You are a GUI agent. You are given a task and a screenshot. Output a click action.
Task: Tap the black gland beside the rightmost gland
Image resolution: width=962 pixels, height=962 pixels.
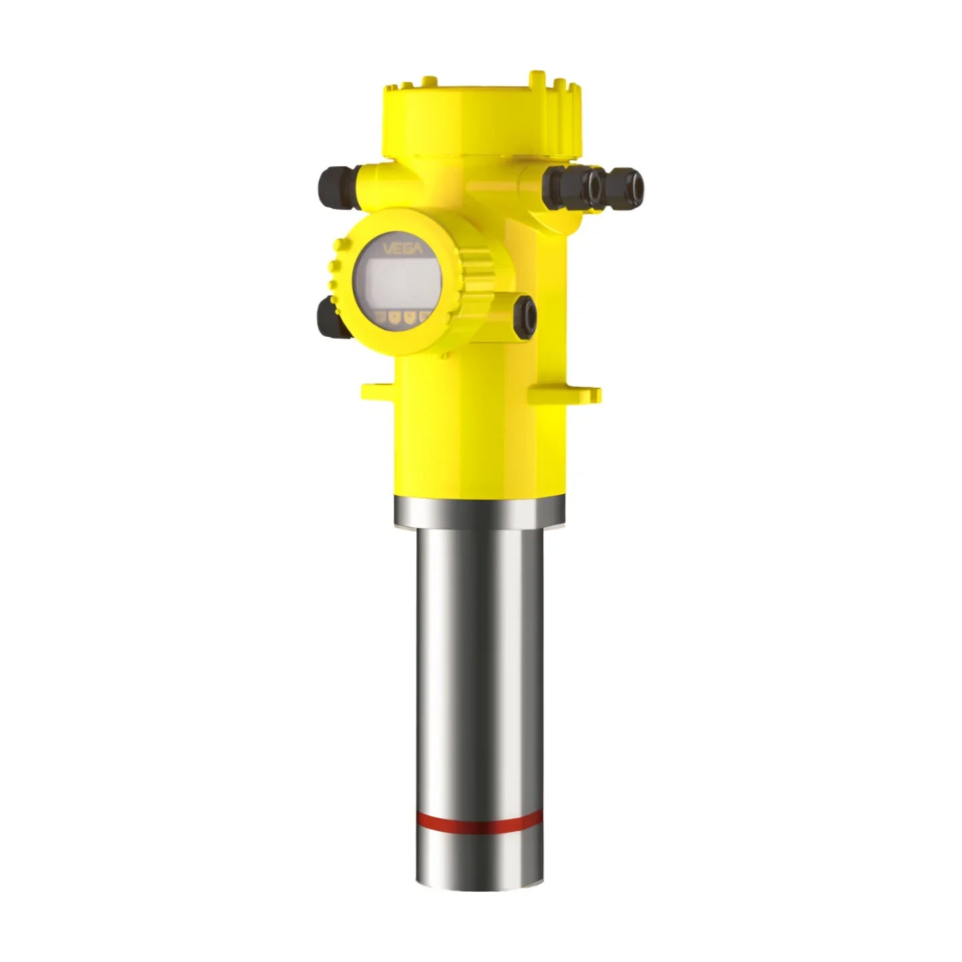tap(575, 186)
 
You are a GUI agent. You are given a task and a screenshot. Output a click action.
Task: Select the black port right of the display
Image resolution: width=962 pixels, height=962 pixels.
tap(525, 314)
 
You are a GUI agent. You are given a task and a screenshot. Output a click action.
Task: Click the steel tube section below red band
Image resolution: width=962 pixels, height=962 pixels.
tap(478, 858)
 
